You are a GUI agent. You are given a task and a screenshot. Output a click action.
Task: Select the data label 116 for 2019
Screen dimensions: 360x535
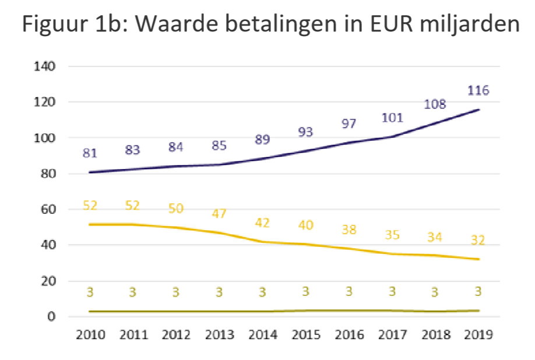coord(478,90)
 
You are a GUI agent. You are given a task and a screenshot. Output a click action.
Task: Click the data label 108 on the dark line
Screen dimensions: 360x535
coord(435,105)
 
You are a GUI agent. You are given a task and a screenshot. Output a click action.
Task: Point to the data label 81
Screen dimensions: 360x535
coord(90,153)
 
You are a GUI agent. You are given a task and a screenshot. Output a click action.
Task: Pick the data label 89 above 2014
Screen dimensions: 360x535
coord(261,140)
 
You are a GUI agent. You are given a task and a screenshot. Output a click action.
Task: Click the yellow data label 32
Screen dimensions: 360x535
coord(478,240)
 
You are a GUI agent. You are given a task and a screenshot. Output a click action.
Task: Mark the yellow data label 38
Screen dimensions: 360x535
coord(349,230)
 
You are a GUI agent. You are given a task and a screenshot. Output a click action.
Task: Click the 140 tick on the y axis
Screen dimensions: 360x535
coord(47,66)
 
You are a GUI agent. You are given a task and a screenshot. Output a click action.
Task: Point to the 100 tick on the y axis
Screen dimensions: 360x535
coord(47,138)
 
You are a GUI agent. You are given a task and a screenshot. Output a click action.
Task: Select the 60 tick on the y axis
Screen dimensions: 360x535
coord(49,209)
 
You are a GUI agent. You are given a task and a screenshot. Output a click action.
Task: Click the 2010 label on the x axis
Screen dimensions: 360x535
coord(90,335)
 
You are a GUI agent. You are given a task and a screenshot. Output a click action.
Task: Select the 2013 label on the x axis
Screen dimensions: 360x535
coord(219,335)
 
